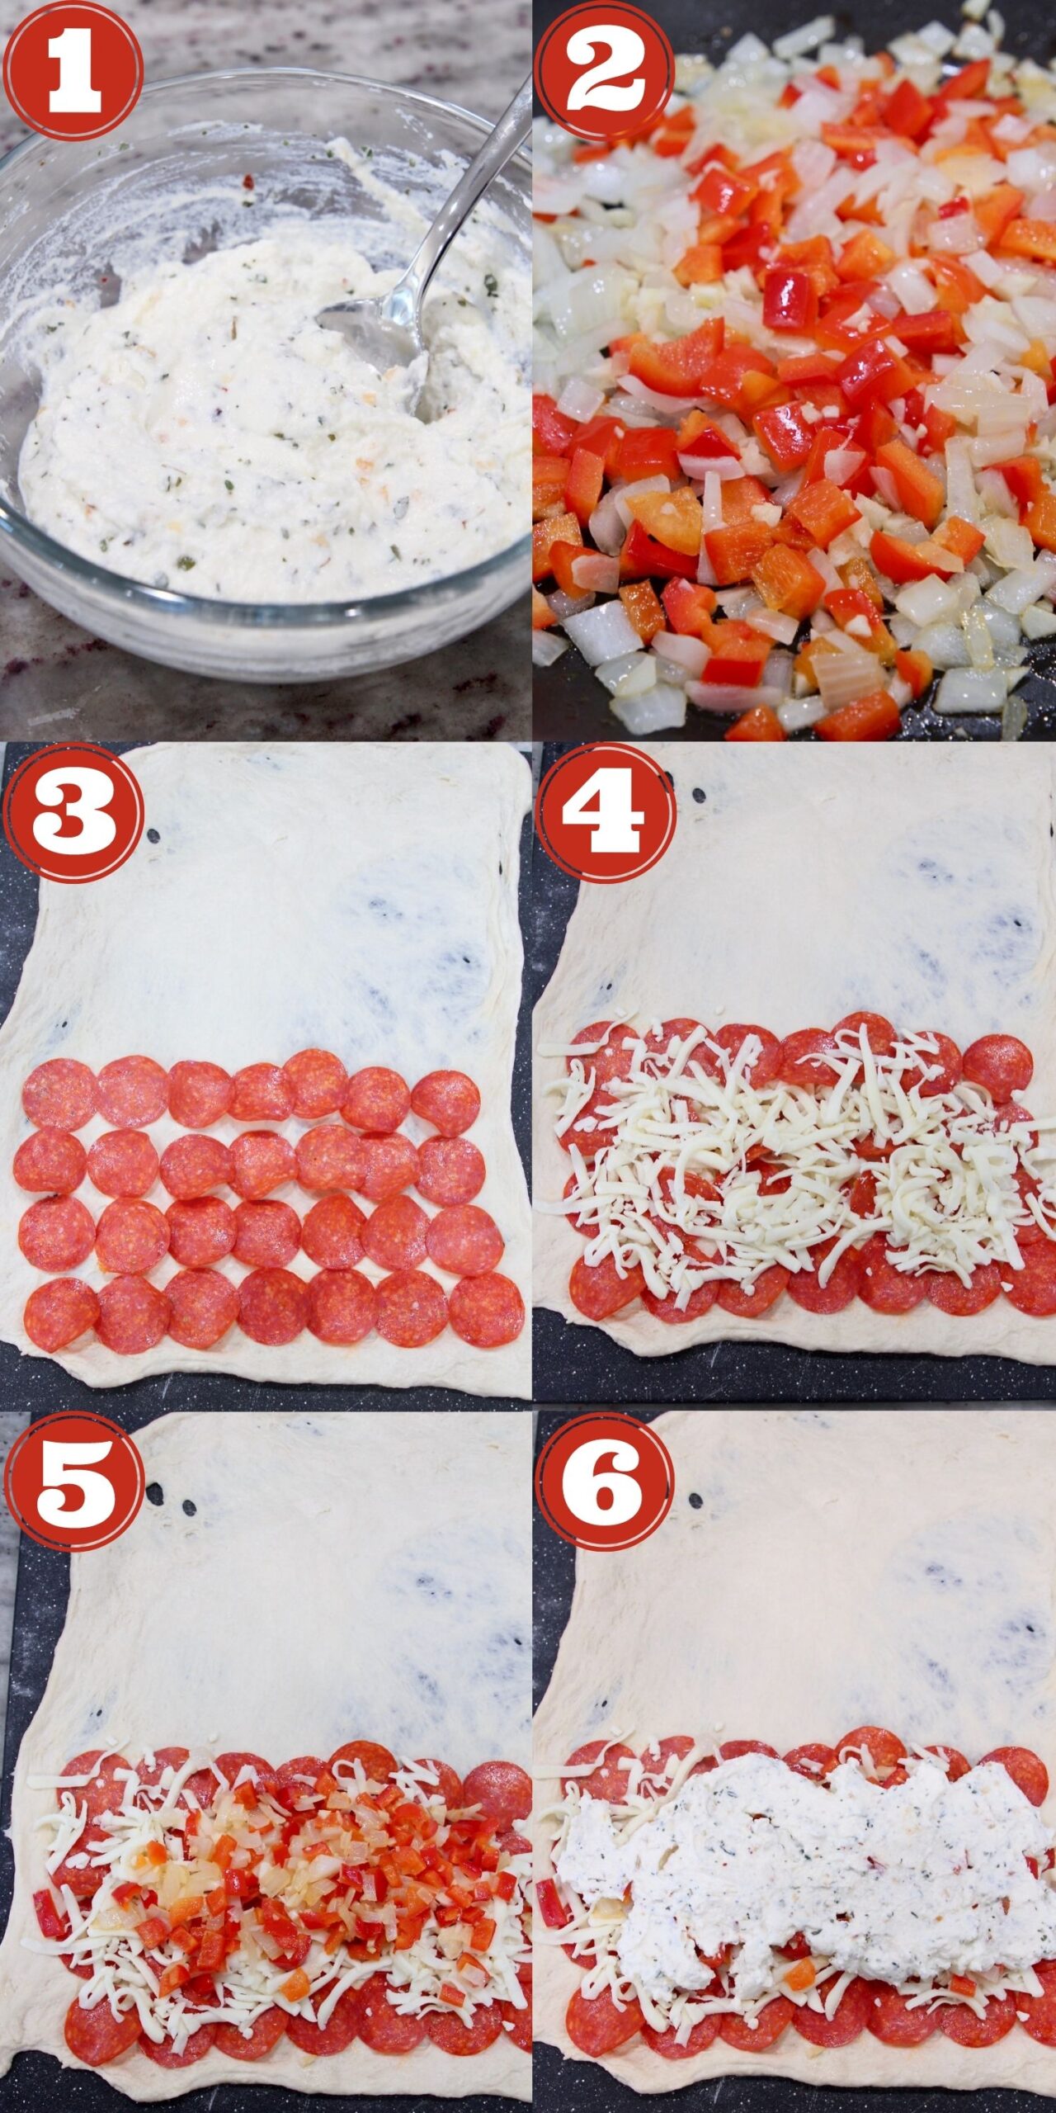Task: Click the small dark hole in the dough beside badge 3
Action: pos(153,836)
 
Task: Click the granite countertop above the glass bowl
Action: pos(289,41)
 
